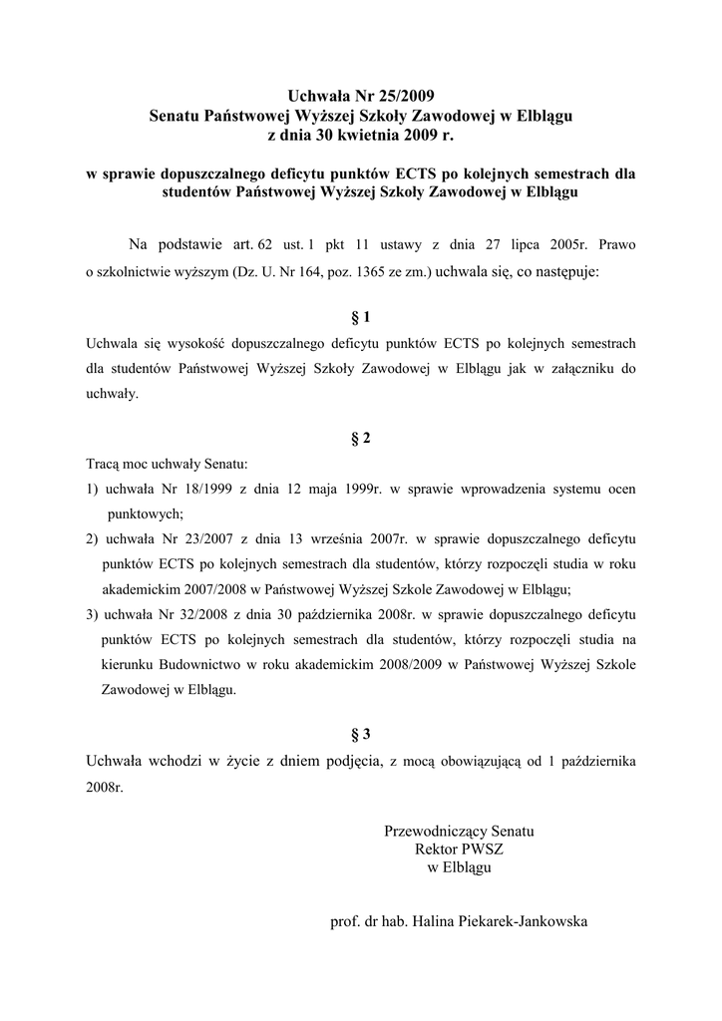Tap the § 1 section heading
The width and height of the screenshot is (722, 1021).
[x=361, y=318]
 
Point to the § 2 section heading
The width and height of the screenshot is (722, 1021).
[x=361, y=437]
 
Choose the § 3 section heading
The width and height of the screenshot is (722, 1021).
[x=361, y=735]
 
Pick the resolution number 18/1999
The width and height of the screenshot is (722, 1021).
[x=196, y=489]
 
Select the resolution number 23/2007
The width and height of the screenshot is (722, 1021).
[x=196, y=538]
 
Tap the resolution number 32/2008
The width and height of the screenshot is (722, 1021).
[x=196, y=613]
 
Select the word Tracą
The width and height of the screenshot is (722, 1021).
[x=103, y=464]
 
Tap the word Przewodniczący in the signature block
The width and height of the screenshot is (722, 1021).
[x=430, y=831]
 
